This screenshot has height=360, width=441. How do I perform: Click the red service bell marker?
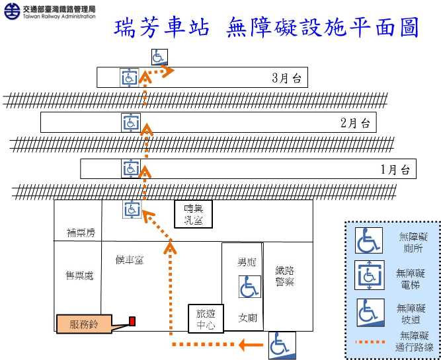(x=132, y=322)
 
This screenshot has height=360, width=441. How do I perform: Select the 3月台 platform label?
(x=286, y=78)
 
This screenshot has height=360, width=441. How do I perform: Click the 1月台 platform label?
(x=396, y=169)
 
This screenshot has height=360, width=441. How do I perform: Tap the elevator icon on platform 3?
(x=129, y=77)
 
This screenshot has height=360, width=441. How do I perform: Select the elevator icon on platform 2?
(x=130, y=122)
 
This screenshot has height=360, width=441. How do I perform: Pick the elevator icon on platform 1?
(x=130, y=168)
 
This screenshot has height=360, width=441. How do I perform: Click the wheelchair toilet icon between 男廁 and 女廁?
(x=249, y=287)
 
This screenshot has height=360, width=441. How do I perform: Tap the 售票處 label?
(x=79, y=275)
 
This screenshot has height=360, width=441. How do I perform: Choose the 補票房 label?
(x=81, y=233)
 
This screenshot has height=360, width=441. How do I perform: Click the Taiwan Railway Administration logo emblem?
(x=11, y=11)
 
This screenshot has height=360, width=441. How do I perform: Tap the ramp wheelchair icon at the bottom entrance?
(x=280, y=345)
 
